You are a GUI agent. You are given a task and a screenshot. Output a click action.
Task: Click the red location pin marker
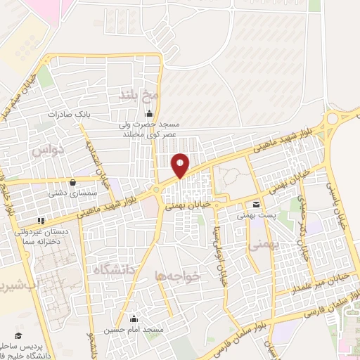(x=181, y=165)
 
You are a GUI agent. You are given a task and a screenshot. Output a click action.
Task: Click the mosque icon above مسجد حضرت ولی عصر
(x=148, y=114)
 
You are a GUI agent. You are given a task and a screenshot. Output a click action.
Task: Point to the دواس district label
(x=49, y=149)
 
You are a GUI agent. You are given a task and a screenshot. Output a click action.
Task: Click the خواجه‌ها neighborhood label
(x=178, y=277)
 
